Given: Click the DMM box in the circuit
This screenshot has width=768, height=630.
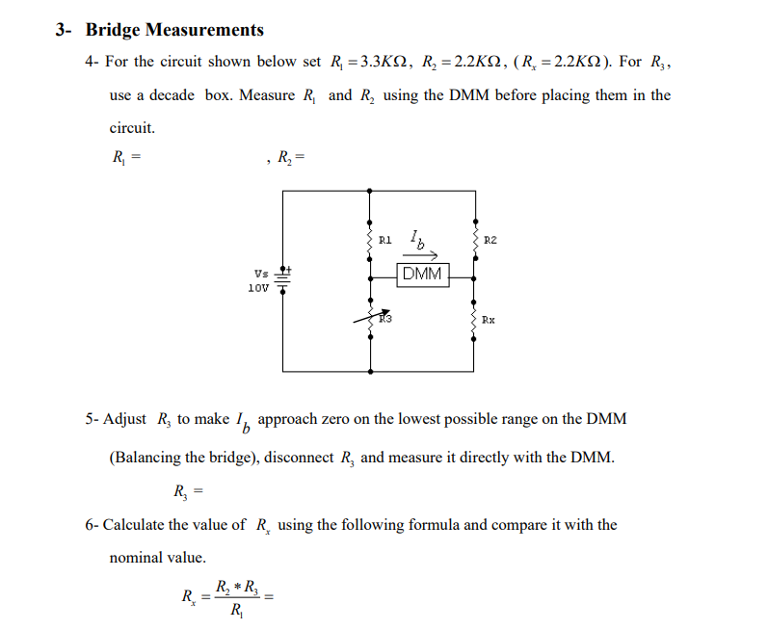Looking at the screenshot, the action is [422, 275].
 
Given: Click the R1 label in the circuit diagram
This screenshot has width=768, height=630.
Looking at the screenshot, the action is [385, 238].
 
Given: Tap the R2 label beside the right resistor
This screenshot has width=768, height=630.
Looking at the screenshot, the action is [490, 238].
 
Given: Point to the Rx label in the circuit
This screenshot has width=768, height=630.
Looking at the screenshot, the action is [489, 320].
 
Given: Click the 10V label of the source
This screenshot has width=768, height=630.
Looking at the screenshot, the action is [258, 288].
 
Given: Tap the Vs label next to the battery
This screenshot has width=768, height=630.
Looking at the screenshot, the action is [261, 274].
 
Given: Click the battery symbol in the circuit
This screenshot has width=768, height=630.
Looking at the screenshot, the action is [283, 277].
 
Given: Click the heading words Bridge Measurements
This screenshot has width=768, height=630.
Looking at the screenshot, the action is [174, 31].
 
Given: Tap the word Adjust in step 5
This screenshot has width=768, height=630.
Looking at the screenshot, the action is [125, 419].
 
